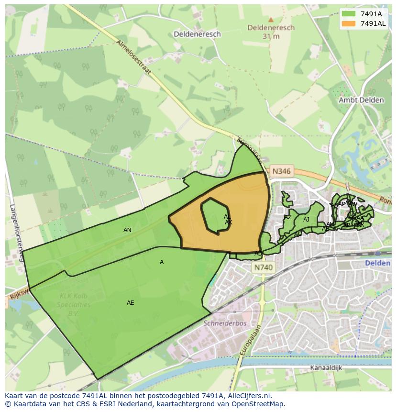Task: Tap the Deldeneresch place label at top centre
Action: tap(197, 34)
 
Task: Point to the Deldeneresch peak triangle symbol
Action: tap(271, 20)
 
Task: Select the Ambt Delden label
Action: tap(361, 100)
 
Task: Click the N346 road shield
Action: tap(281, 171)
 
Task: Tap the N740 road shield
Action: tap(263, 268)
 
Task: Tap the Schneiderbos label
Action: tap(225, 323)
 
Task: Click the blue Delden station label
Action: tap(378, 263)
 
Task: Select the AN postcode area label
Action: tap(127, 230)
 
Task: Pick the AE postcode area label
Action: tap(130, 303)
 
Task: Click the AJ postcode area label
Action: tap(306, 220)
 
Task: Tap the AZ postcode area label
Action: tap(287, 217)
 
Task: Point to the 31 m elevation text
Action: tap(271, 36)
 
